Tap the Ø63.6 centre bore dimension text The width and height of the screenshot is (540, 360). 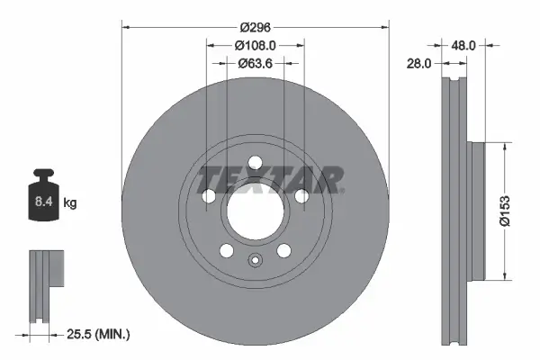pyautogui.click(x=256, y=63)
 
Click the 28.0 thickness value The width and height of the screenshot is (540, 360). pyautogui.click(x=419, y=63)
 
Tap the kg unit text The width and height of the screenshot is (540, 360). pyautogui.click(x=70, y=203)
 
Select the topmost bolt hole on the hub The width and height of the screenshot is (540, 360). pyautogui.click(x=255, y=163)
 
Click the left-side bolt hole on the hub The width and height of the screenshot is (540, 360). pyautogui.click(x=210, y=196)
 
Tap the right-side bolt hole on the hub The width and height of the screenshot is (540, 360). pyautogui.click(x=300, y=196)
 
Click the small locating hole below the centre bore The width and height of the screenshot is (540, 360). pyautogui.click(x=255, y=263)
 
